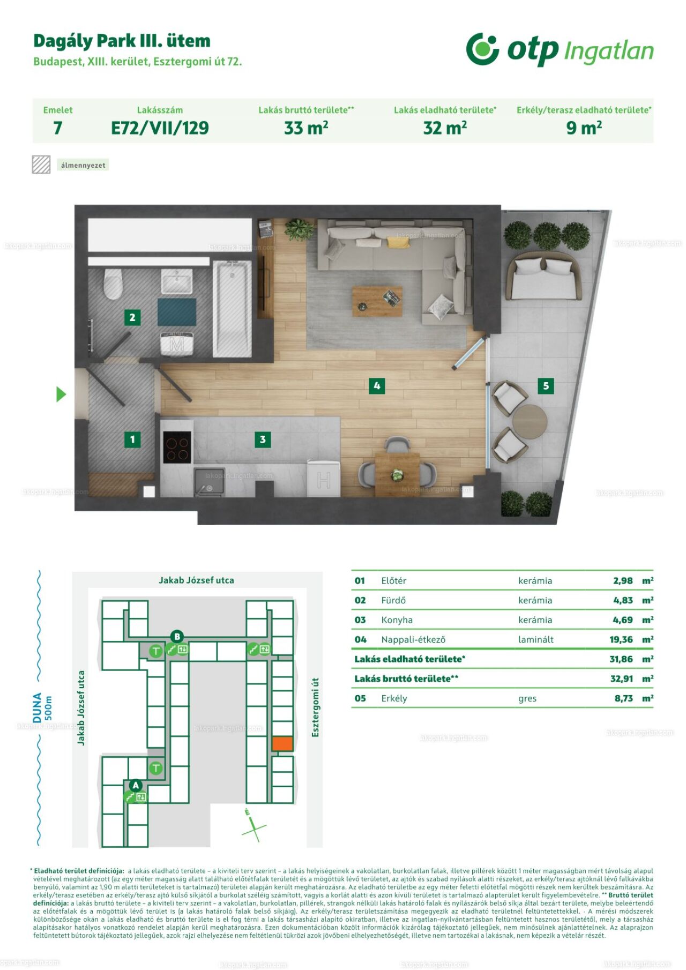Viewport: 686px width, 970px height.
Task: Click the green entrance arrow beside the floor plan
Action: pyautogui.click(x=61, y=394)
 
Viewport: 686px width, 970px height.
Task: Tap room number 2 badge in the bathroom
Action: pyautogui.click(x=132, y=317)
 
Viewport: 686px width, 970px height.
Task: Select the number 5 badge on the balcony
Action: pyautogui.click(x=546, y=385)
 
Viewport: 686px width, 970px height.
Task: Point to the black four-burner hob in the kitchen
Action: pyautogui.click(x=177, y=447)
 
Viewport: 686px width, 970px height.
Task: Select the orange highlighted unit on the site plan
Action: pyautogui.click(x=282, y=743)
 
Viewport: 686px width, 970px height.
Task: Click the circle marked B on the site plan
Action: pyautogui.click(x=177, y=637)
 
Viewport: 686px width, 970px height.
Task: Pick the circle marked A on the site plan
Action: pyautogui.click(x=136, y=785)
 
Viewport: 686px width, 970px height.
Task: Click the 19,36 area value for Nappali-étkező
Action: pyautogui.click(x=621, y=639)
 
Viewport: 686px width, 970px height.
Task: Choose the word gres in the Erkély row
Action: pyautogui.click(x=527, y=698)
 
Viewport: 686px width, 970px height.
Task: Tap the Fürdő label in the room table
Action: pyautogui.click(x=393, y=600)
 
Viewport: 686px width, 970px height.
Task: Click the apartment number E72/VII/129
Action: pyautogui.click(x=160, y=128)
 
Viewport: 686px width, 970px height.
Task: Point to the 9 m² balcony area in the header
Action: pyautogui.click(x=584, y=128)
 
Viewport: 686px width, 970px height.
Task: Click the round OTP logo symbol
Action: pyautogui.click(x=482, y=49)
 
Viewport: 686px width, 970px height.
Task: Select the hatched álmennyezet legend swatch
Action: pyautogui.click(x=41, y=165)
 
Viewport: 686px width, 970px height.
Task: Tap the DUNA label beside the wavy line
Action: pyautogui.click(x=37, y=707)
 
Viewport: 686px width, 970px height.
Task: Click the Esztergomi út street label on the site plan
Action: pyautogui.click(x=315, y=707)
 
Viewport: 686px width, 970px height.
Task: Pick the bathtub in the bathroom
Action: pyautogui.click(x=233, y=309)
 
